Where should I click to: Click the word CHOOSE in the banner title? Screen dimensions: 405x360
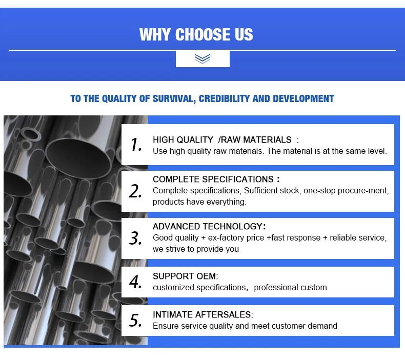tap(203, 35)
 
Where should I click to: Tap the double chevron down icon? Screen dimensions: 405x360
tap(202, 58)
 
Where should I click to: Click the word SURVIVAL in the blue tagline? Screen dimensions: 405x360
tap(174, 99)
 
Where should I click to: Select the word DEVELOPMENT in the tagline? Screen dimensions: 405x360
tap(303, 98)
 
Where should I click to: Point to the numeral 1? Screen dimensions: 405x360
tap(136, 144)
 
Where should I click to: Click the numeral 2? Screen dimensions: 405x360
tap(135, 191)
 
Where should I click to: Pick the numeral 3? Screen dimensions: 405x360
tap(135, 238)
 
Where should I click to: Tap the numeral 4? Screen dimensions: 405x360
tap(135, 282)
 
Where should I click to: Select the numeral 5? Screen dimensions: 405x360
tap(135, 320)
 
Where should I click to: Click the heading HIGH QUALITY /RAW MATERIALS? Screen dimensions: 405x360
tap(222, 140)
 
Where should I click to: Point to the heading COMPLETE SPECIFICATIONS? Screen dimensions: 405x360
tap(213, 179)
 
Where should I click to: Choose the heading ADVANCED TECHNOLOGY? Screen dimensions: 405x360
tap(208, 226)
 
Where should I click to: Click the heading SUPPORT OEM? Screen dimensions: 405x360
tap(185, 276)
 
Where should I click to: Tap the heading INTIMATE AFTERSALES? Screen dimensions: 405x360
tap(201, 314)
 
